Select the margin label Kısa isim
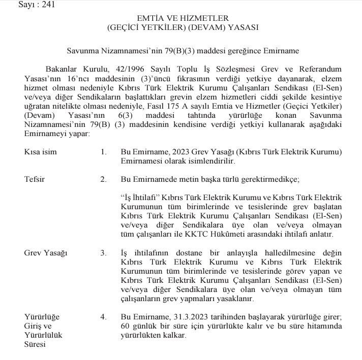pyautogui.click(x=41, y=152)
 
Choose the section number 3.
pyautogui.click(x=103, y=252)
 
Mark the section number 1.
pyautogui.click(x=103, y=152)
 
